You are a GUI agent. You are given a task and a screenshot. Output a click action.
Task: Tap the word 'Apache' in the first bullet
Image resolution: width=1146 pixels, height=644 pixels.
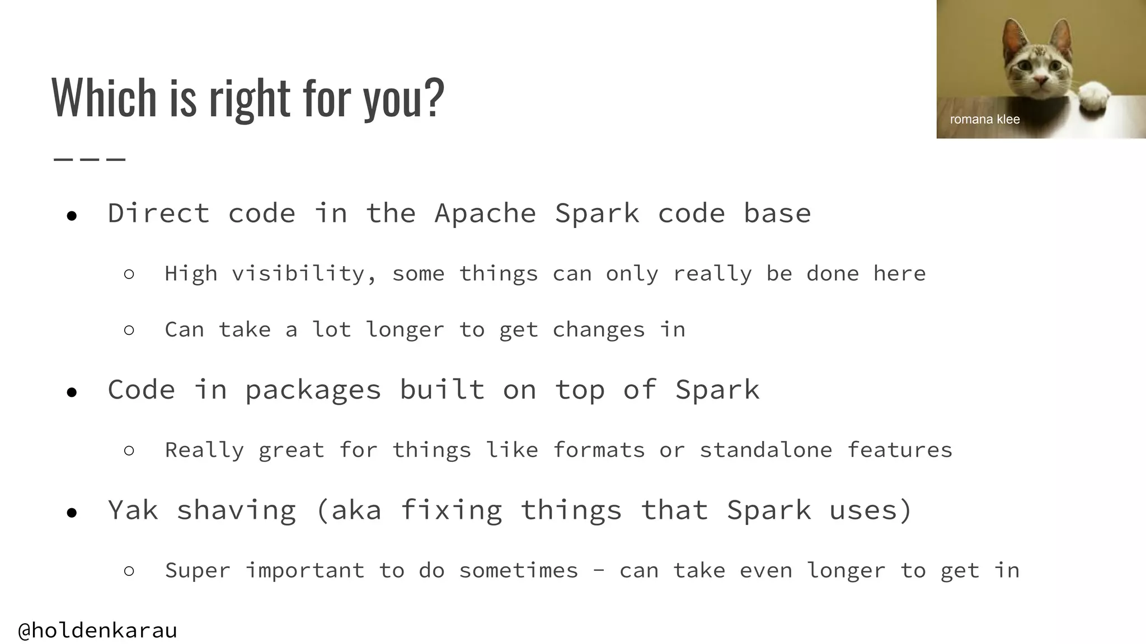pyautogui.click(x=485, y=214)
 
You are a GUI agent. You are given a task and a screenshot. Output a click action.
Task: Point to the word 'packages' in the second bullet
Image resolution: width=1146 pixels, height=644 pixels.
pyautogui.click(x=313, y=390)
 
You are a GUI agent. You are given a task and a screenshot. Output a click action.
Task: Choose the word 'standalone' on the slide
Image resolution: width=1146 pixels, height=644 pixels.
pyautogui.click(x=765, y=450)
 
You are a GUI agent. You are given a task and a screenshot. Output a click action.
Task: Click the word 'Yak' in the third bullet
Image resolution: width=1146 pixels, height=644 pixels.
pyautogui.click(x=133, y=510)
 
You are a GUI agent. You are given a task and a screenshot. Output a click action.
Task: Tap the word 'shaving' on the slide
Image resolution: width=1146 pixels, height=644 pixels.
pyautogui.click(x=236, y=510)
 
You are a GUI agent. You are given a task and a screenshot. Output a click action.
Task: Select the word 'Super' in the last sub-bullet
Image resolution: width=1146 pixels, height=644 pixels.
pyautogui.click(x=198, y=571)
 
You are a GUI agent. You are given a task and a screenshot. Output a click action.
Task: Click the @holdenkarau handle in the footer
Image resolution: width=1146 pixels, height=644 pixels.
pyautogui.click(x=98, y=631)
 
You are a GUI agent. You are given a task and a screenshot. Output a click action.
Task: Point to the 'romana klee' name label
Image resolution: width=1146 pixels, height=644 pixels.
pyautogui.click(x=985, y=119)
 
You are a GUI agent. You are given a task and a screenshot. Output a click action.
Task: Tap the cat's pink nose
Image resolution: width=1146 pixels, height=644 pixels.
pyautogui.click(x=1040, y=83)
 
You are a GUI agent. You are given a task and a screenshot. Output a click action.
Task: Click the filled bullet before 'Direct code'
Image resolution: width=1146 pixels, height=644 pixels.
pyautogui.click(x=71, y=216)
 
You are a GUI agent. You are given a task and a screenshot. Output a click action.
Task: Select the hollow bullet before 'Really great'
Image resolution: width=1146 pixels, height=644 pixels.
pyautogui.click(x=129, y=451)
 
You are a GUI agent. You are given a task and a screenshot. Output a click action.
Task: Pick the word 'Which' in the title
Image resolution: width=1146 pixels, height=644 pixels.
pyautogui.click(x=104, y=98)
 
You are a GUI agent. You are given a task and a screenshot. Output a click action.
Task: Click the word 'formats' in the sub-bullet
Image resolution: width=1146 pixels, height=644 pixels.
pyautogui.click(x=599, y=450)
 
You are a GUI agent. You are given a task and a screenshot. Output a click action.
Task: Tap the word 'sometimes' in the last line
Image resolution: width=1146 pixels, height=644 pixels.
pyautogui.click(x=518, y=571)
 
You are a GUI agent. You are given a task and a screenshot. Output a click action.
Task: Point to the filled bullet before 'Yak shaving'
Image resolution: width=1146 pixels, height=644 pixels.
pyautogui.click(x=71, y=513)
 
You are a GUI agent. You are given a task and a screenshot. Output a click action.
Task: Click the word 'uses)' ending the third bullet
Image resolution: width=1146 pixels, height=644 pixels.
pyautogui.click(x=870, y=510)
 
